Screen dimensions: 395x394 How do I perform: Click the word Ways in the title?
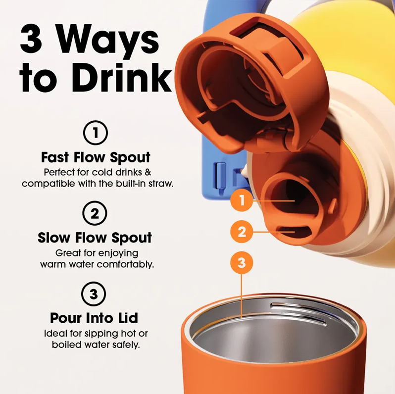[109, 39]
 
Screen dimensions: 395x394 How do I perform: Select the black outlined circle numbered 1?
[96, 133]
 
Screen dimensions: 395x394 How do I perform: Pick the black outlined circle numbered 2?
[95, 213]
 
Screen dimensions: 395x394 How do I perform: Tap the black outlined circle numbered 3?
[94, 294]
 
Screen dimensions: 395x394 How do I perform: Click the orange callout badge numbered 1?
[242, 200]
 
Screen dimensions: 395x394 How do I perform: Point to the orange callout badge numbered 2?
[242, 232]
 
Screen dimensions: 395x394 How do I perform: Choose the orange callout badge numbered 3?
[242, 263]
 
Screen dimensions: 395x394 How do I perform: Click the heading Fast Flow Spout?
[96, 158]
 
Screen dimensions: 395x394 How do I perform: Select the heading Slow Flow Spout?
[95, 238]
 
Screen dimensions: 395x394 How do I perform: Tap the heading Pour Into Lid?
[94, 318]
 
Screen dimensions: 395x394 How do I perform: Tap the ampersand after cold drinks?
[148, 172]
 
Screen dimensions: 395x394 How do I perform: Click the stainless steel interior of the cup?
[273, 335]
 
